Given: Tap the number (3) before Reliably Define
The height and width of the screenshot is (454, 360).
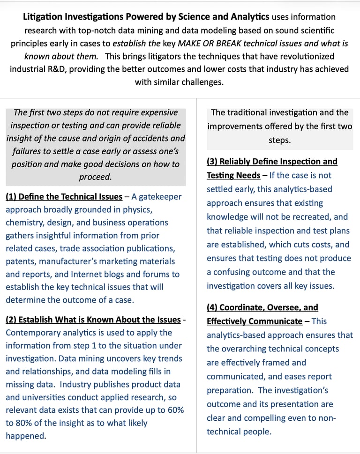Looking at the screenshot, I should point(212,162).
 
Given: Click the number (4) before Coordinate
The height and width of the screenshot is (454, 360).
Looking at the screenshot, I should point(212,308).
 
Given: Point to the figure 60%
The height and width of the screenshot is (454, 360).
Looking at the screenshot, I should point(174,410).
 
